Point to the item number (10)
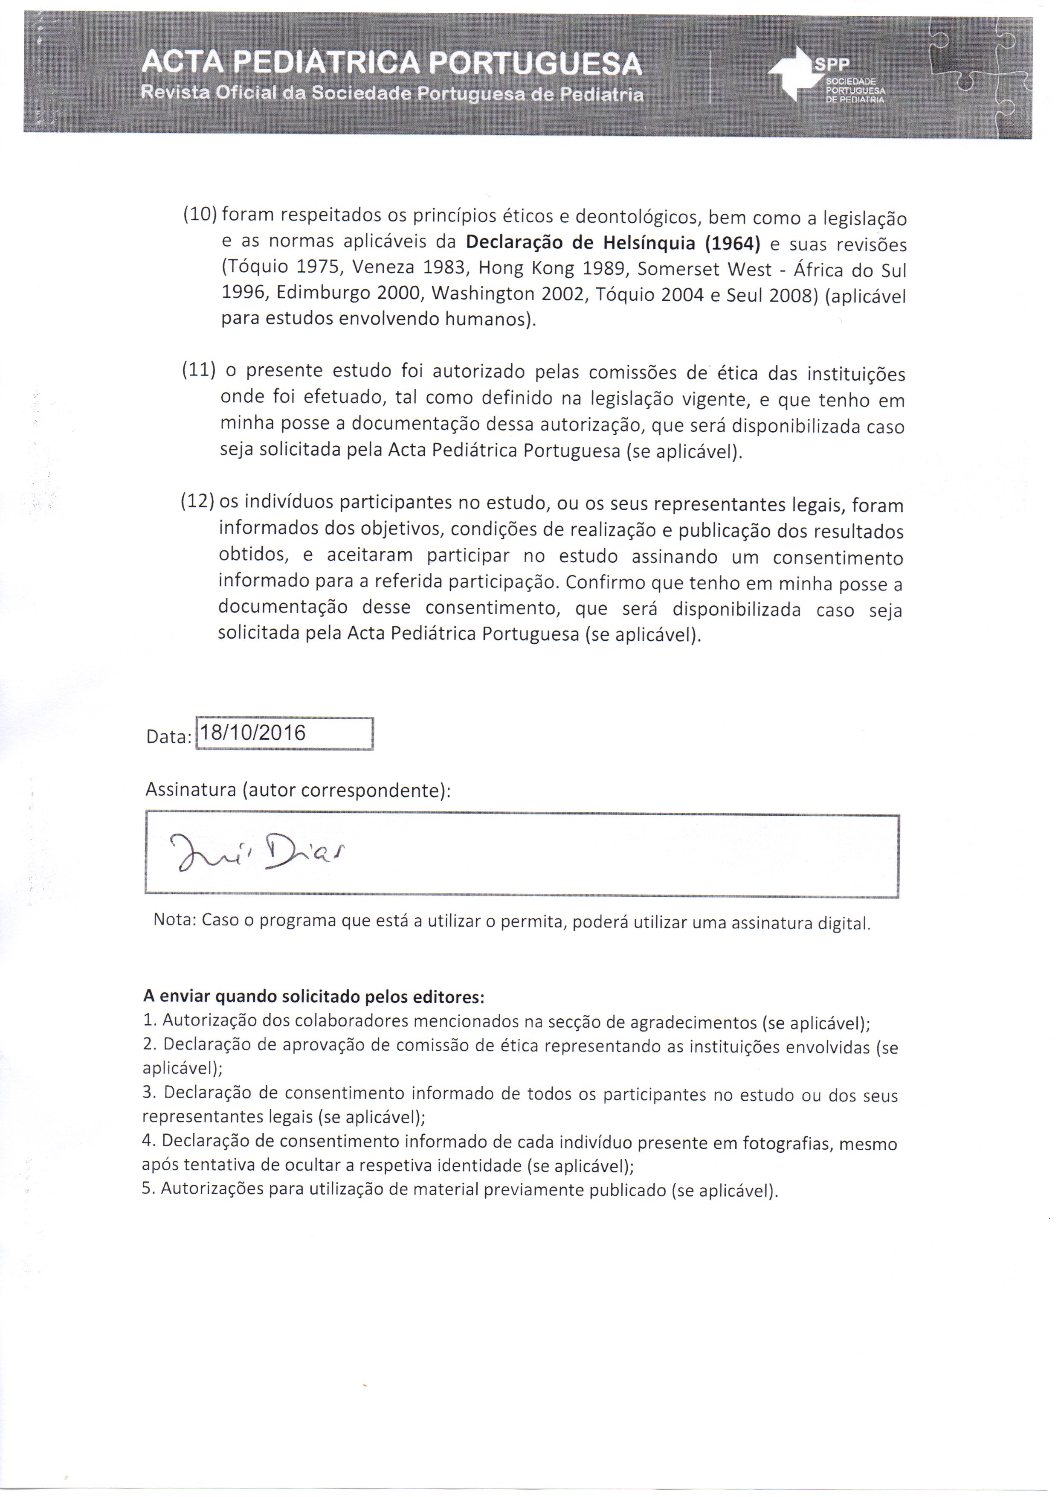pyautogui.click(x=200, y=214)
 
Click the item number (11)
pyautogui.click(x=199, y=370)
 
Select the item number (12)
pyautogui.click(x=197, y=501)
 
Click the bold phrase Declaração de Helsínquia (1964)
pyautogui.click(x=613, y=243)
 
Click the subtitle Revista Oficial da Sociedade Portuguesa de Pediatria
pyautogui.click(x=392, y=95)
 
